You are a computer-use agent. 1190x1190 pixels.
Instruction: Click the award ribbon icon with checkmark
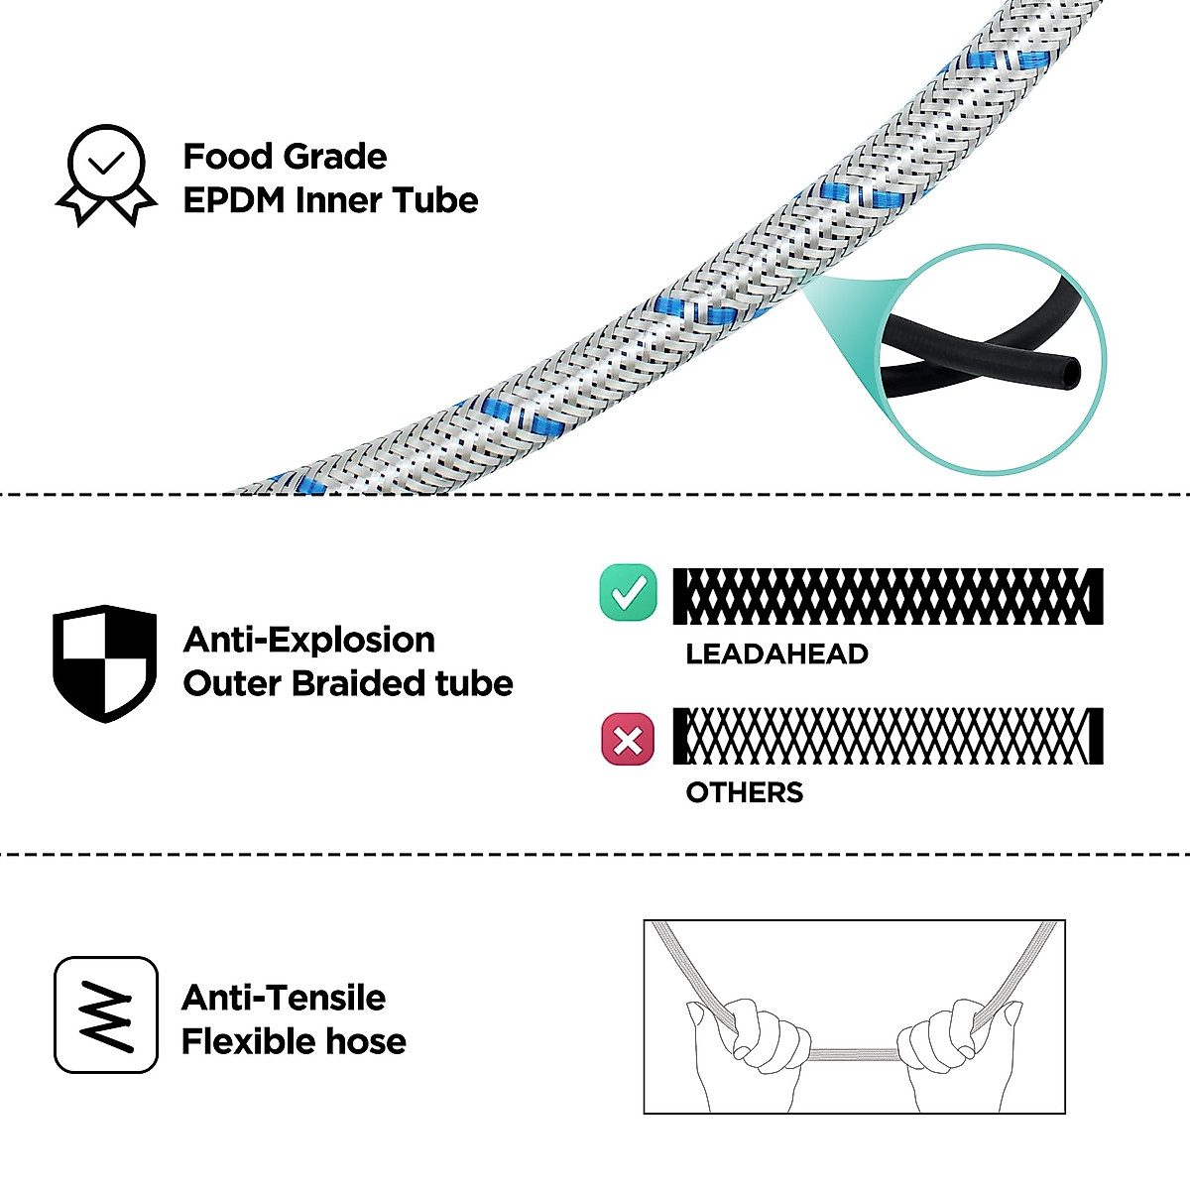106,175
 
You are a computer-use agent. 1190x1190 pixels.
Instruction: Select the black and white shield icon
104,662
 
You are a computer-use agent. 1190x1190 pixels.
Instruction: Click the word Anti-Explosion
308,640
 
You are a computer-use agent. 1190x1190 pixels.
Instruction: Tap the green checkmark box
628,593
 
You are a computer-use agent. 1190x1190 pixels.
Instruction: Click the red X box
628,739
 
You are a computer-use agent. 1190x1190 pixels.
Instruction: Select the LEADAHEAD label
776,654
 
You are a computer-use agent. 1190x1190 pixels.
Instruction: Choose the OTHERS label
744,792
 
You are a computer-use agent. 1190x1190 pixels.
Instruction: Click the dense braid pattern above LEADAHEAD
888,596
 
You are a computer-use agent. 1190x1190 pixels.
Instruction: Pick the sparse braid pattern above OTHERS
888,736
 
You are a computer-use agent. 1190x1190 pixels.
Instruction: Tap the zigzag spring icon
106,1014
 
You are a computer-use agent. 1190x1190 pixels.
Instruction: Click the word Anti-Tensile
284,998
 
